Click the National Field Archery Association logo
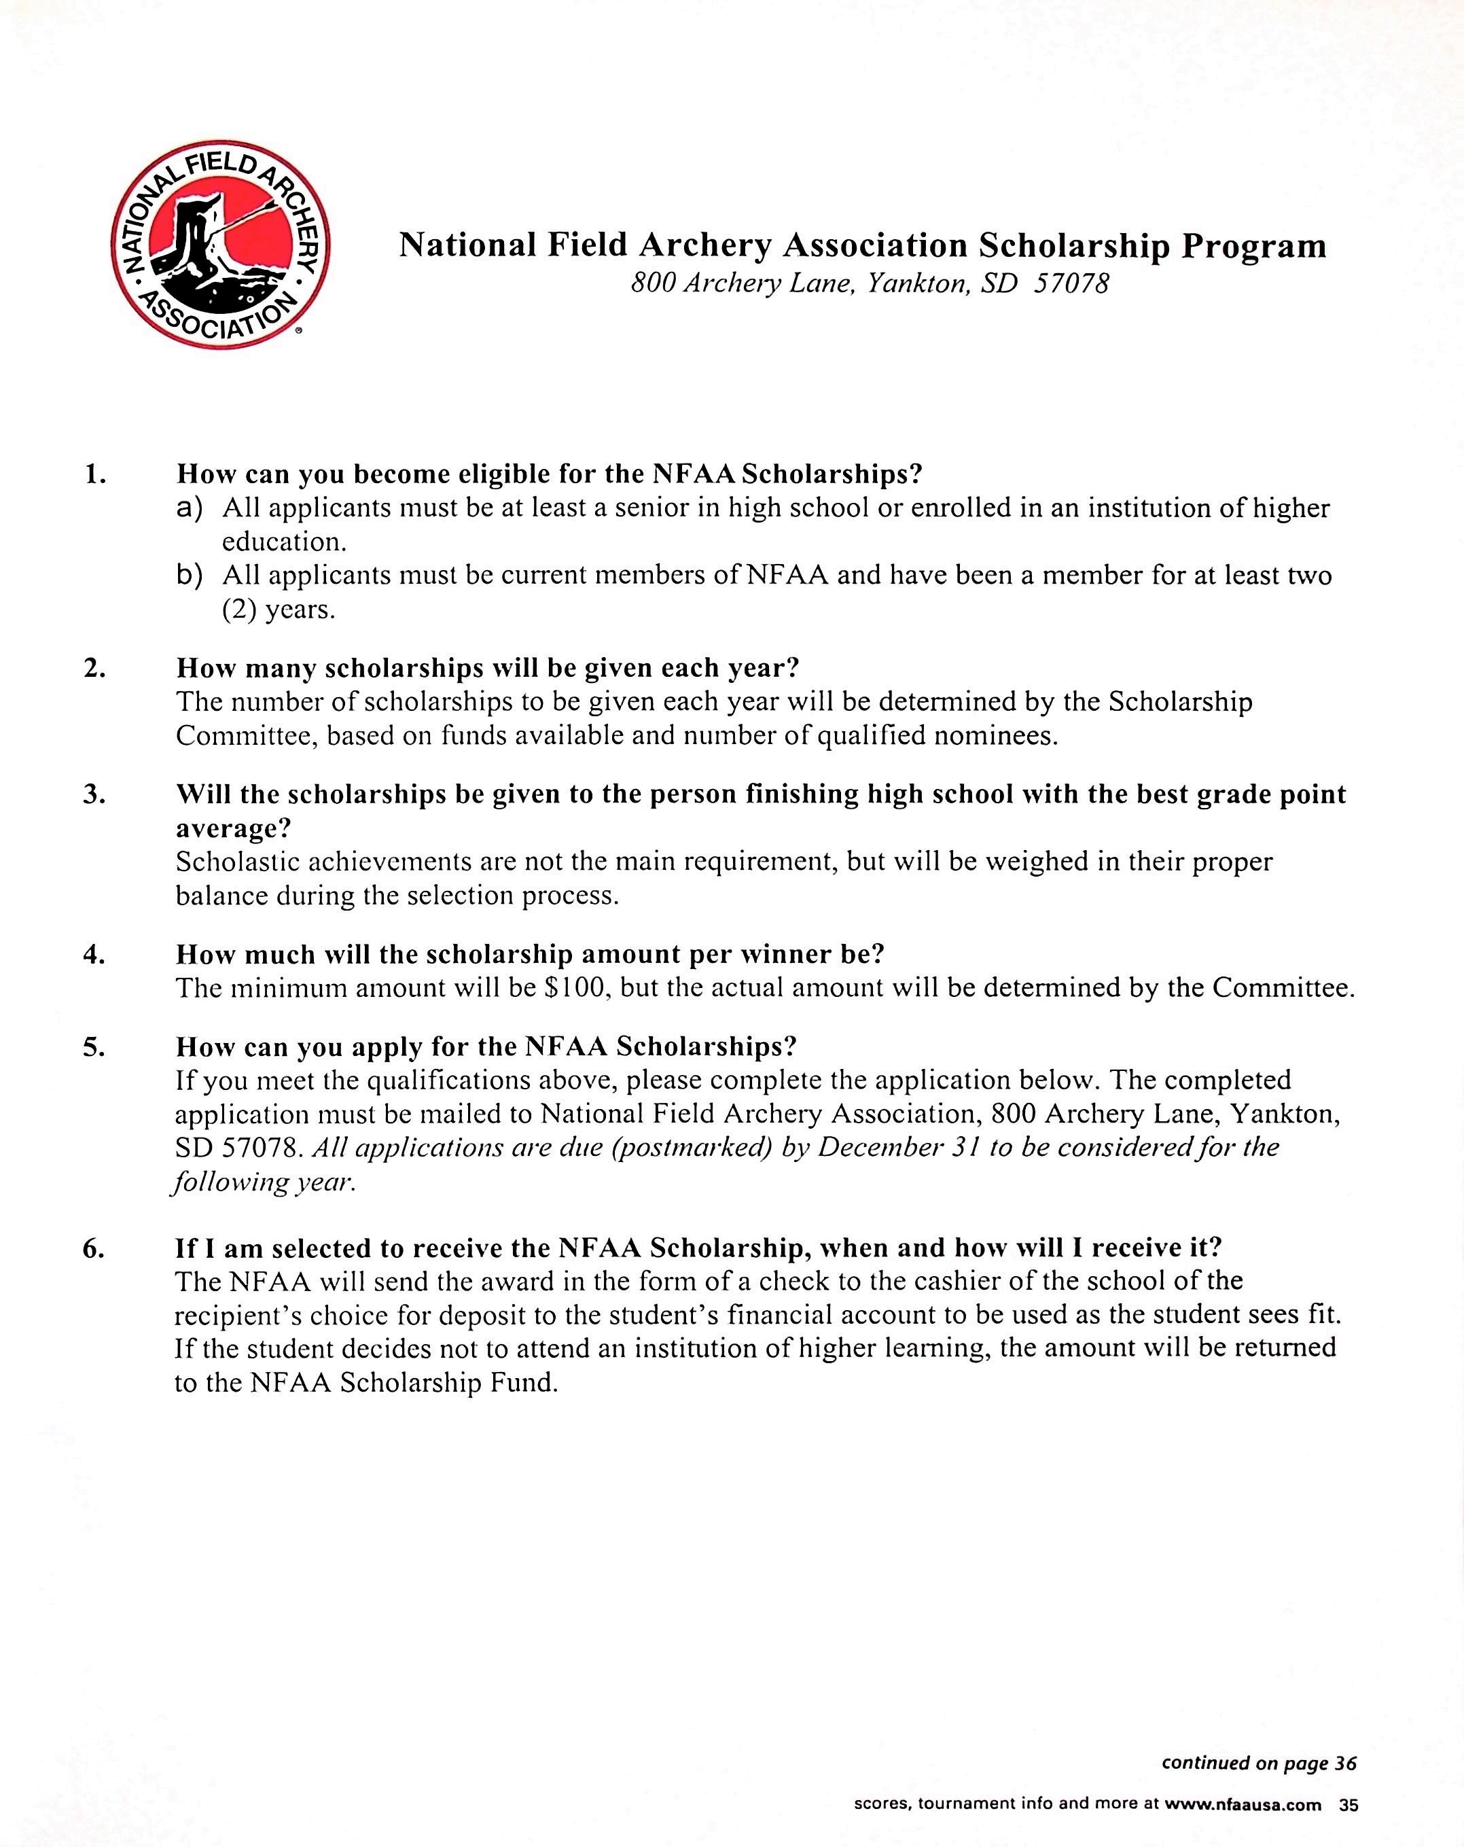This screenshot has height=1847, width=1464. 221,245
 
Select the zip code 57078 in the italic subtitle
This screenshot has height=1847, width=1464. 1071,283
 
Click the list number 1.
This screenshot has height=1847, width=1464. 95,474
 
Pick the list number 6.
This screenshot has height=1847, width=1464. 94,1248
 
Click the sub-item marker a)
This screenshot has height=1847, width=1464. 190,509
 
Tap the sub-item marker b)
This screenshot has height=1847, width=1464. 190,576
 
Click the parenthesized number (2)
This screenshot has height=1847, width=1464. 240,610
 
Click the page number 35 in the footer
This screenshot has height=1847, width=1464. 1349,1805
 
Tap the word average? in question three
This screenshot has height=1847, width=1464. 233,828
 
